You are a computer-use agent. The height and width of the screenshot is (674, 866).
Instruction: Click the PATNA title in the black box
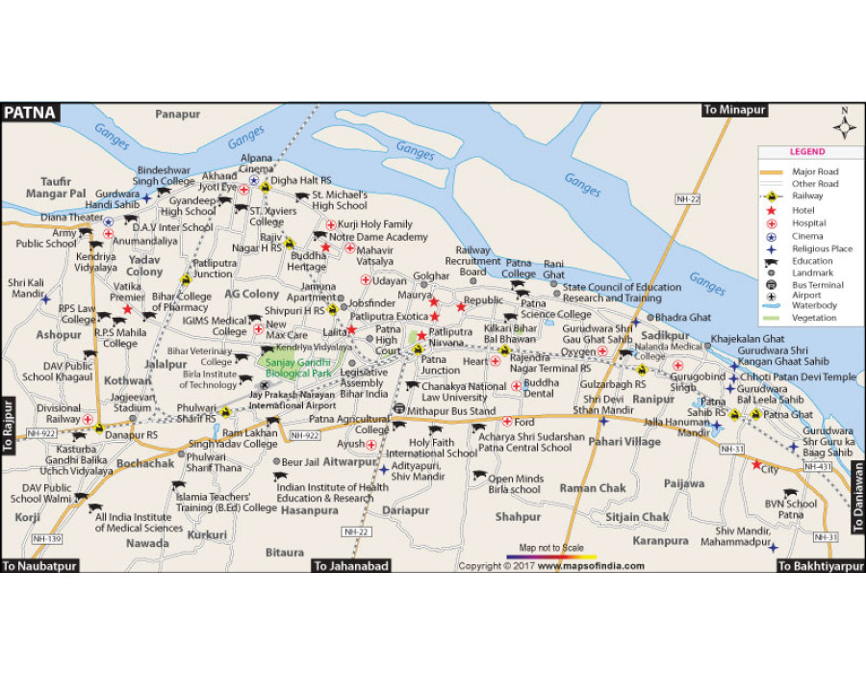pyautogui.click(x=31, y=113)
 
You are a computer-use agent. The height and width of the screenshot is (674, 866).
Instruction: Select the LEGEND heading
pyautogui.click(x=806, y=152)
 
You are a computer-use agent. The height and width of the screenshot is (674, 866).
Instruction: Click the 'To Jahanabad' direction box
pyautogui.click(x=351, y=566)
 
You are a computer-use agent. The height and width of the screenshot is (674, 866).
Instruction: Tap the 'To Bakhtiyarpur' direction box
pyautogui.click(x=821, y=566)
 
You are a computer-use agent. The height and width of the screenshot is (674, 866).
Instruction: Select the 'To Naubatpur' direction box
pyautogui.click(x=39, y=566)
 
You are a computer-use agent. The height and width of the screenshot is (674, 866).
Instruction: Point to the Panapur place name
pyautogui.click(x=178, y=115)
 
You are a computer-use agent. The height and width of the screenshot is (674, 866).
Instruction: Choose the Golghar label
pyautogui.click(x=432, y=276)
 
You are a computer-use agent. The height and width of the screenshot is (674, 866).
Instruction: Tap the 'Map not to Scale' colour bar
pyautogui.click(x=551, y=557)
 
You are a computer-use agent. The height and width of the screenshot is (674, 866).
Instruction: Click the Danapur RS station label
pyautogui.click(x=131, y=435)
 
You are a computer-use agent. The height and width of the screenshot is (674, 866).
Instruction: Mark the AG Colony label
pyautogui.click(x=252, y=294)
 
